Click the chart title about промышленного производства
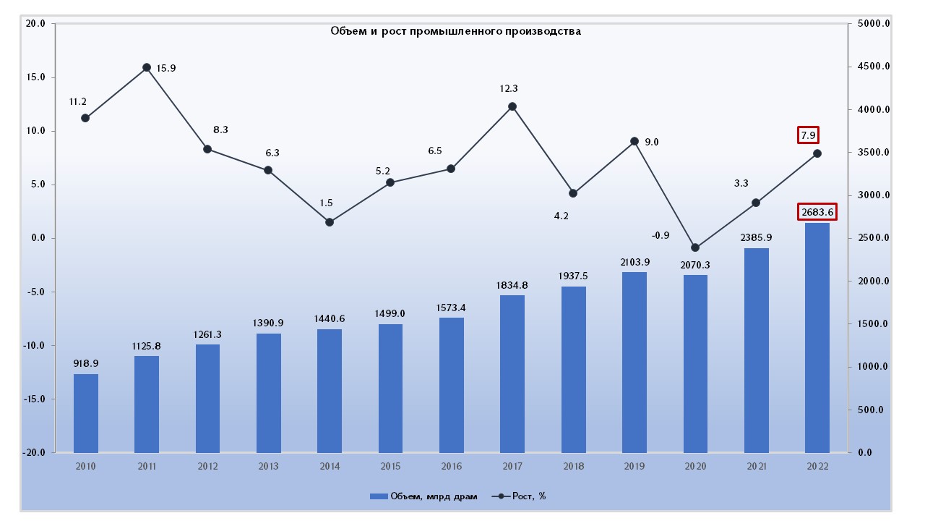(455, 31)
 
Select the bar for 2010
(85, 413)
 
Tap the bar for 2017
(512, 373)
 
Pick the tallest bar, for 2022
(817, 337)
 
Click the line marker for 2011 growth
(146, 67)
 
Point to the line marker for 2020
(695, 247)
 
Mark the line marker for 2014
(330, 222)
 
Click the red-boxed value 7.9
(809, 135)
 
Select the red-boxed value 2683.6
(817, 212)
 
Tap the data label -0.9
(661, 235)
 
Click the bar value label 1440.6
(330, 318)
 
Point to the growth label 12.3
(509, 88)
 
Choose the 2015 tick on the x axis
(390, 466)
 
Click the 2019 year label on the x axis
(634, 466)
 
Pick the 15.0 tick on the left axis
(35, 77)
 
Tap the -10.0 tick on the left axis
(34, 346)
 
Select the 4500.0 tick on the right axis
(873, 67)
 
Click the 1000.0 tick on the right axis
(873, 367)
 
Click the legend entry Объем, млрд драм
(423, 496)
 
